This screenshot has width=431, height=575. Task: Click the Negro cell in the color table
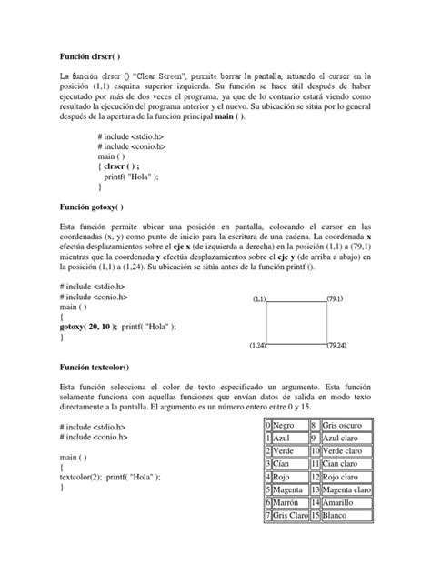point(290,425)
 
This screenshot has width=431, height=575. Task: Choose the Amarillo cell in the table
point(341,502)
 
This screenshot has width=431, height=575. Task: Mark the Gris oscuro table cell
point(344,425)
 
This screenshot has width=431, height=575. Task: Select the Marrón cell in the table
point(291,502)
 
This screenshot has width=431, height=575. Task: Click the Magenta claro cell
point(346,489)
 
